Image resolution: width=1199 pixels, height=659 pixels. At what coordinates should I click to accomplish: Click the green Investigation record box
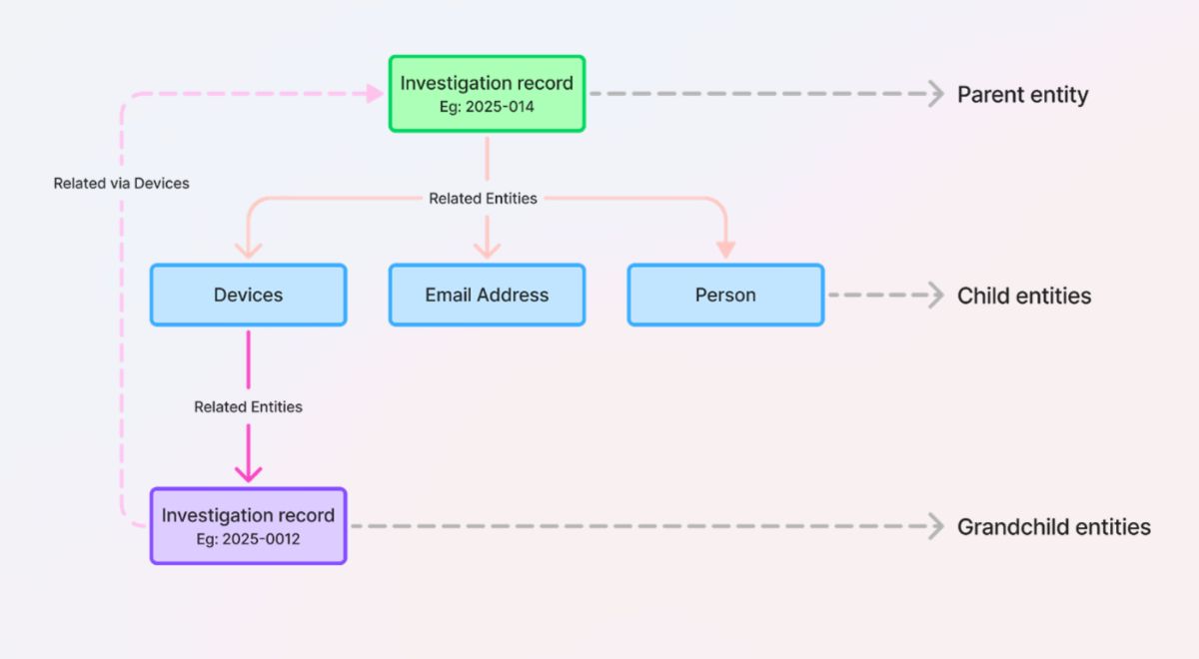pyautogui.click(x=487, y=94)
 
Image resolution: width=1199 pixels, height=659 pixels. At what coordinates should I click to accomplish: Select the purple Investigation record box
pyautogui.click(x=248, y=526)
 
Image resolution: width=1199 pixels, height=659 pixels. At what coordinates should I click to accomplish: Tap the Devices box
pyautogui.click(x=248, y=295)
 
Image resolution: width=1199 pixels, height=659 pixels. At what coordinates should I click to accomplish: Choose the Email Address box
pyautogui.click(x=487, y=295)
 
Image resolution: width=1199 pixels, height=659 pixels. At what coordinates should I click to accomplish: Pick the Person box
pyautogui.click(x=725, y=295)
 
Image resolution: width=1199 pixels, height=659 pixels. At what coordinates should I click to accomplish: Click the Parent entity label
pyautogui.click(x=1022, y=95)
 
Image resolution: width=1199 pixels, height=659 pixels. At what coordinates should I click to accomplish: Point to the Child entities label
pyautogui.click(x=1024, y=296)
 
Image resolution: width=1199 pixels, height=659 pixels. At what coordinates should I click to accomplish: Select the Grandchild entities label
pyautogui.click(x=1053, y=526)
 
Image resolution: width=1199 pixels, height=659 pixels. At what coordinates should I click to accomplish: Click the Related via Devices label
pyautogui.click(x=121, y=184)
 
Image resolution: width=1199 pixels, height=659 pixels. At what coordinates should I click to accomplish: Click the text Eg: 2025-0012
pyautogui.click(x=248, y=539)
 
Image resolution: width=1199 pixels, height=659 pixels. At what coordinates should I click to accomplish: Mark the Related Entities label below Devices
pyautogui.click(x=248, y=406)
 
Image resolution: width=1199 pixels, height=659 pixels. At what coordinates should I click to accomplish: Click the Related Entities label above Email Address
pyautogui.click(x=483, y=199)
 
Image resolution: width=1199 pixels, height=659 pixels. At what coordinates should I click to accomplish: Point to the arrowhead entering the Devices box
pyautogui.click(x=248, y=250)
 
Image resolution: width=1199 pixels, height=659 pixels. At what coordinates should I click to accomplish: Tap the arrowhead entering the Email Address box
pyautogui.click(x=487, y=250)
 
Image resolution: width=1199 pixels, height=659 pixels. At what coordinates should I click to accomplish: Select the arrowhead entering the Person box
pyautogui.click(x=725, y=250)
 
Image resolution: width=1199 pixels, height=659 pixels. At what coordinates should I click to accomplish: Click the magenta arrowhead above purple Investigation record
pyautogui.click(x=248, y=472)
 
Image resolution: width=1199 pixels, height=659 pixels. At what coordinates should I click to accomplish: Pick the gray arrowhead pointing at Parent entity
pyautogui.click(x=935, y=94)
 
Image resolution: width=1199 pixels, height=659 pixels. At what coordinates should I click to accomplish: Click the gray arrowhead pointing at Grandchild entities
pyautogui.click(x=935, y=526)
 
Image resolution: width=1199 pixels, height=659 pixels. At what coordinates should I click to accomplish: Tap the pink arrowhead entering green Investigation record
pyautogui.click(x=375, y=94)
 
